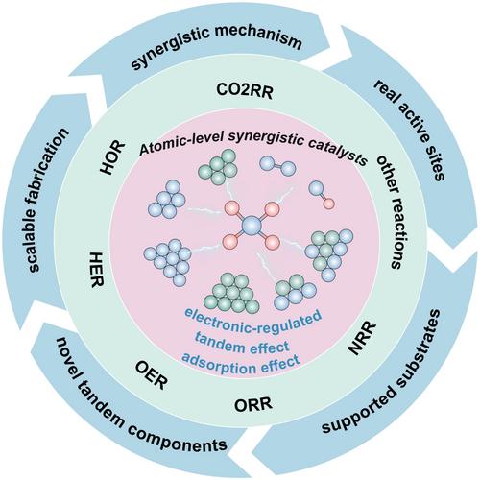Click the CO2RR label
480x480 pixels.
click(245, 91)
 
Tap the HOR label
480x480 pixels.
click(112, 157)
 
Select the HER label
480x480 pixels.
click(96, 270)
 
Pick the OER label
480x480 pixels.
click(152, 374)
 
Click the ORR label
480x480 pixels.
click(253, 404)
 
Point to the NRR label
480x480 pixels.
click(362, 338)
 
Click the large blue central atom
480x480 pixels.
click(252, 226)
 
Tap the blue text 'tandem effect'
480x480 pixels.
click(242, 347)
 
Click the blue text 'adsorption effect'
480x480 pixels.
click(241, 364)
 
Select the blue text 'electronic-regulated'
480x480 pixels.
click(252, 320)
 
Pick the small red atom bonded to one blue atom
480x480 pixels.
click(329, 204)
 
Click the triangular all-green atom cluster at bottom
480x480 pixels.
click(232, 294)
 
